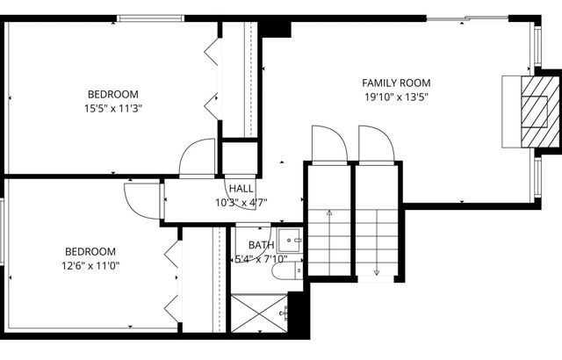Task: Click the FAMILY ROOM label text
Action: pos(396,83)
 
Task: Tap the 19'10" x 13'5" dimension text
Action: pos(396,98)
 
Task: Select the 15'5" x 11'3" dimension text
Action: pos(112,109)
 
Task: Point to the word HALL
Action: pos(241,189)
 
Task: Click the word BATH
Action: pos(261,245)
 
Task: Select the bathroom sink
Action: pos(292,240)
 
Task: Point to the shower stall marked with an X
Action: pos(259,313)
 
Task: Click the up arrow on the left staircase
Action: pos(329,212)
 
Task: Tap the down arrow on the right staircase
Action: pos(377,271)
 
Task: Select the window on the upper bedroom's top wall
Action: pos(151,18)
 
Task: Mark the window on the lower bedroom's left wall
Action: pos(3,231)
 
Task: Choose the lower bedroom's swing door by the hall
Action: pos(143,199)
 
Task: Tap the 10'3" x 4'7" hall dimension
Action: pos(241,202)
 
